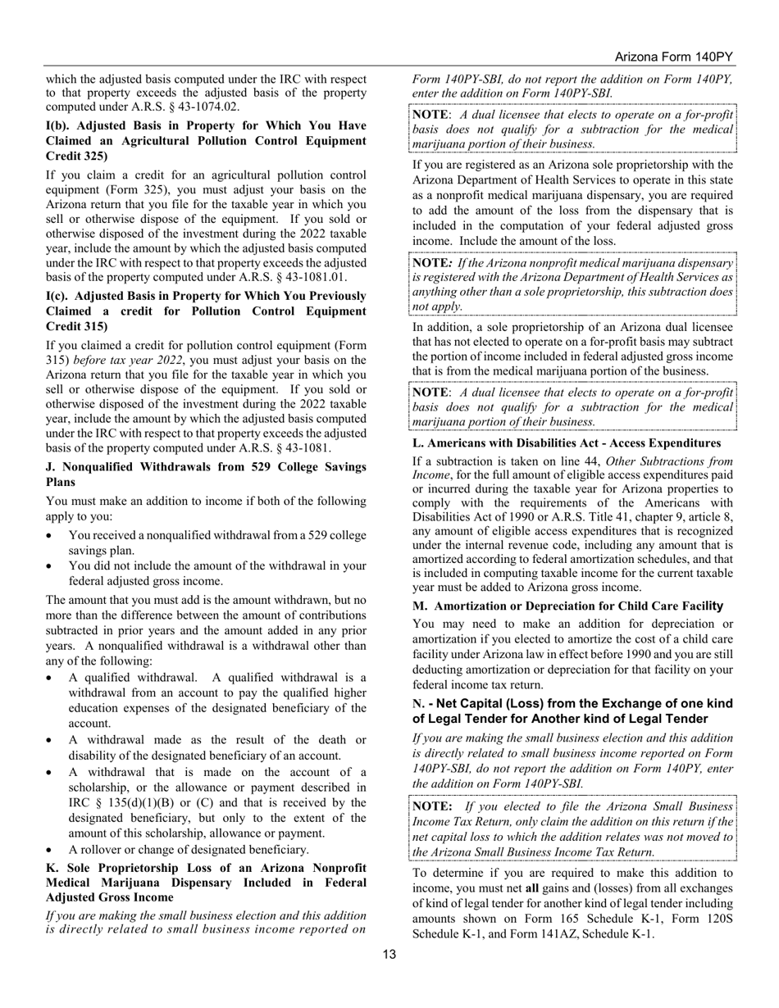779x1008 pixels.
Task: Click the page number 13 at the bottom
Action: tap(389, 953)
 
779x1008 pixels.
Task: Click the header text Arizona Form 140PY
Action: tap(673, 57)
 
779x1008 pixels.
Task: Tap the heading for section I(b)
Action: tap(206, 140)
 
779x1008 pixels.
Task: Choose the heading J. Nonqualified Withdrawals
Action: tap(206, 474)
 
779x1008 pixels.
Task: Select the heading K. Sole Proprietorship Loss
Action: tap(206, 882)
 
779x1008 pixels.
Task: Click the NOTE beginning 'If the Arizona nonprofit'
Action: tap(572, 284)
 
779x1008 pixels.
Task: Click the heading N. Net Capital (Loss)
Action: tap(572, 711)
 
